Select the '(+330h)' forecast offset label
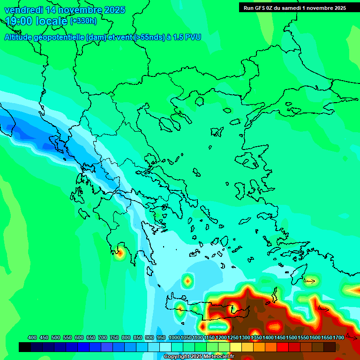click(x=83, y=21)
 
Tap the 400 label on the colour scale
click(x=32, y=337)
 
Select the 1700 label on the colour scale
click(x=338, y=337)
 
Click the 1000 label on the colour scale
click(x=174, y=337)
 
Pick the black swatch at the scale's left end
click(x=25, y=347)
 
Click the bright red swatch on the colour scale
click(x=283, y=347)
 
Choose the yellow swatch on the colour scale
click(x=236, y=347)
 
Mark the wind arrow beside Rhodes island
click(x=309, y=281)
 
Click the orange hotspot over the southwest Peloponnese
click(x=120, y=253)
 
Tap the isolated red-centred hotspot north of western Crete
click(x=188, y=281)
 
